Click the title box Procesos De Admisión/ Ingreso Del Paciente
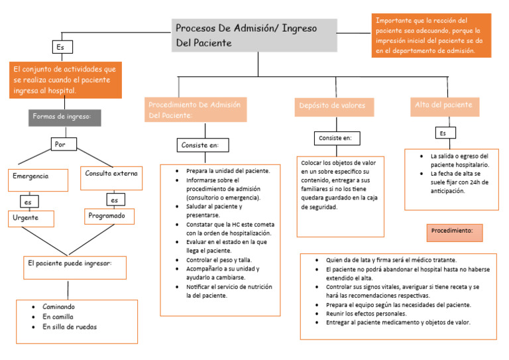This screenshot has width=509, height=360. (x=255, y=36)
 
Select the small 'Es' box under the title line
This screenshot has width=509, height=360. (x=62, y=47)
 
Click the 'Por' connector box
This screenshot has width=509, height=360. (x=64, y=143)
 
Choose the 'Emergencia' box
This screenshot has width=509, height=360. (x=40, y=178)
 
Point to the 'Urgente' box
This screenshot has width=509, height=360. (x=30, y=218)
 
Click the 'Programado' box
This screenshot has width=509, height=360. (x=110, y=216)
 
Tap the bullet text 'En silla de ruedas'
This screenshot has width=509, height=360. (x=70, y=326)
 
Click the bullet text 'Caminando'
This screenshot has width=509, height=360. (x=59, y=307)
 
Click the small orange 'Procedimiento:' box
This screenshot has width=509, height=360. (x=453, y=232)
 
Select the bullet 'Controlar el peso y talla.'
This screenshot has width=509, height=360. (x=219, y=260)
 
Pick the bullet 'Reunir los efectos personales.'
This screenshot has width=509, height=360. (x=366, y=314)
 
